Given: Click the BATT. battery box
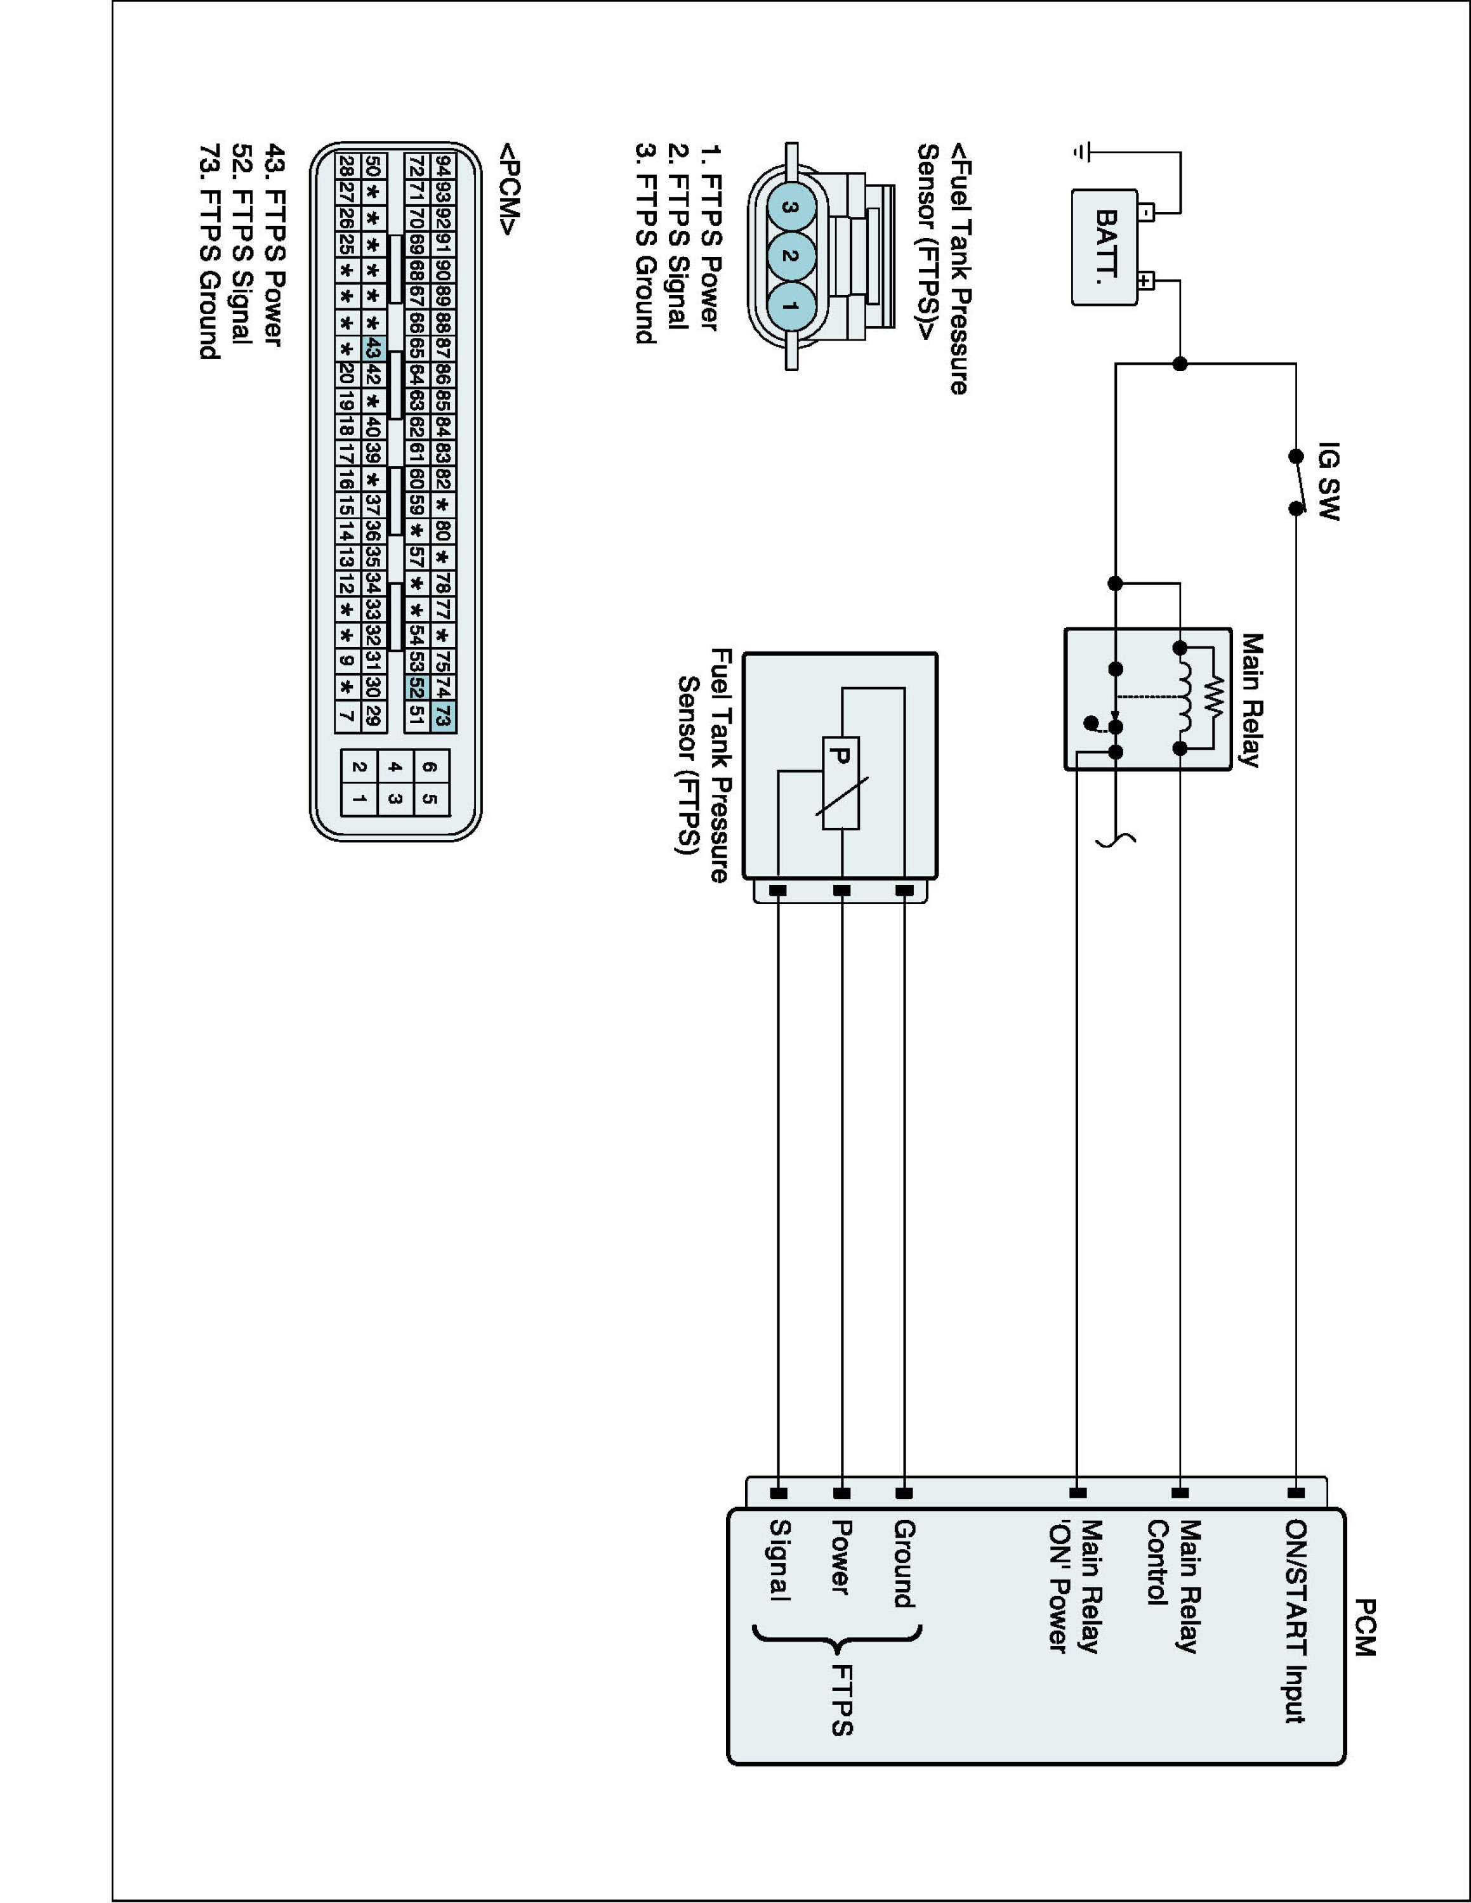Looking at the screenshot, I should pyautogui.click(x=1104, y=247).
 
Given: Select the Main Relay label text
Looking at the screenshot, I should pyautogui.click(x=1251, y=700).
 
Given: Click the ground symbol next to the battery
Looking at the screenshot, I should pyautogui.click(x=1081, y=152).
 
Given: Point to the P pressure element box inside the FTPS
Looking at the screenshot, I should pyautogui.click(x=841, y=783).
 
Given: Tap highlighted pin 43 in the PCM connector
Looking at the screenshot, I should pyautogui.click(x=373, y=348).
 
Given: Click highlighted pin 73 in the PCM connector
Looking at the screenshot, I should pyautogui.click(x=443, y=717).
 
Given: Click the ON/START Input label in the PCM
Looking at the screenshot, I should pyautogui.click(x=1295, y=1621).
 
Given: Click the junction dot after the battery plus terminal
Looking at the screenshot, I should pyautogui.click(x=1180, y=364).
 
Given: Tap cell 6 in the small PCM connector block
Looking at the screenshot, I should pyautogui.click(x=430, y=767).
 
